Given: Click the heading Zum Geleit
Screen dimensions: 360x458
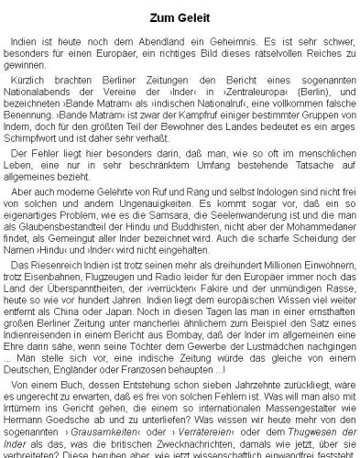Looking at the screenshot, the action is click(179, 18).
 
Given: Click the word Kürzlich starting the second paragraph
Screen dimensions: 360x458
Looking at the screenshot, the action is click(35, 82).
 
